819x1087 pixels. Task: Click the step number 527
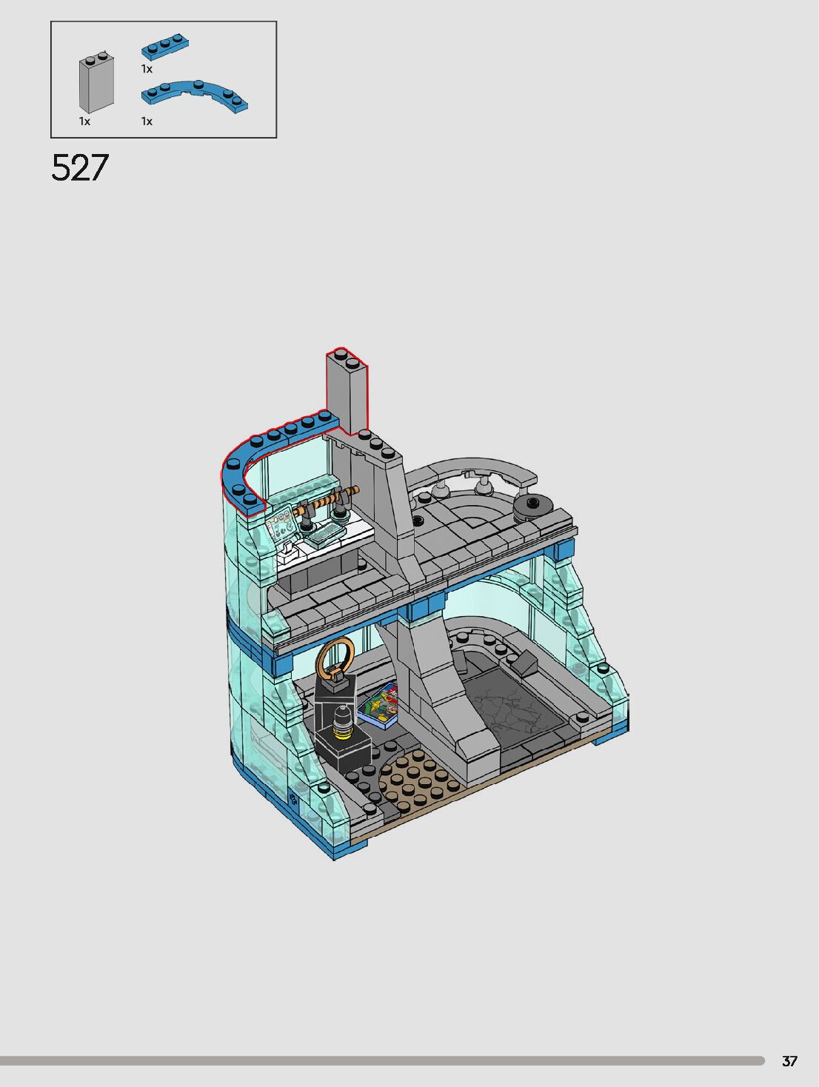click(x=80, y=167)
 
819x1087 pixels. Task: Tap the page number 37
click(x=789, y=1061)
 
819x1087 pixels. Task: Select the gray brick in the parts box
click(x=96, y=82)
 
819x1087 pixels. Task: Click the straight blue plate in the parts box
click(x=165, y=47)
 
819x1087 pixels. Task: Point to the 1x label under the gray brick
click(x=84, y=121)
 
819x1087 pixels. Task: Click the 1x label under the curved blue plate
click(x=147, y=121)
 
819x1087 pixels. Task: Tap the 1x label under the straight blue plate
click(x=147, y=69)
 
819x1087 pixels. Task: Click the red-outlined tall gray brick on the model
click(x=347, y=391)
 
